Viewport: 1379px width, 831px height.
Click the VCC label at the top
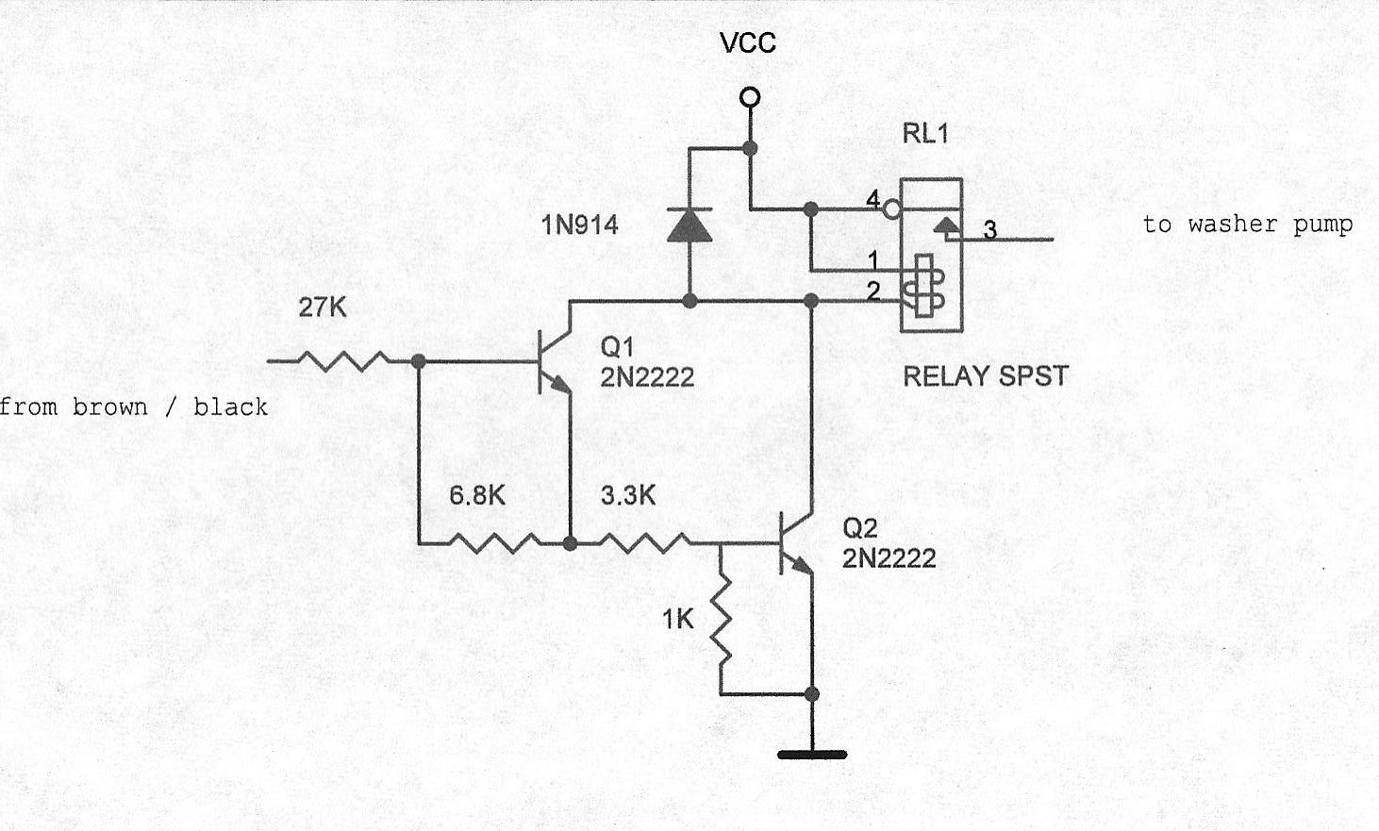(x=747, y=42)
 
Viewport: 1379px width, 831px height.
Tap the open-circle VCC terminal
(x=750, y=97)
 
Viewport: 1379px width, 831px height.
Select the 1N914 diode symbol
(x=689, y=224)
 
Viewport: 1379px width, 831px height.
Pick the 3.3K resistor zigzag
(x=644, y=542)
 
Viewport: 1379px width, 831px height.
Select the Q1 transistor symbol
(x=551, y=362)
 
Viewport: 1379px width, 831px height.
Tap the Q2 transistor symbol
(x=794, y=544)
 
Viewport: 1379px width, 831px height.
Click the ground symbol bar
(x=812, y=754)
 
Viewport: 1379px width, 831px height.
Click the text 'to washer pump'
(x=1247, y=224)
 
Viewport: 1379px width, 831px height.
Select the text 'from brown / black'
(x=134, y=407)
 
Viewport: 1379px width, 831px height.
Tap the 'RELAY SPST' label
(x=986, y=376)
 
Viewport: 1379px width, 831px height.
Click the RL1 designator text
(x=924, y=134)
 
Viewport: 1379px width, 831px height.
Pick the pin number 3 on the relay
(x=989, y=229)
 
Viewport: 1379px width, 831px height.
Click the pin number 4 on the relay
(x=872, y=200)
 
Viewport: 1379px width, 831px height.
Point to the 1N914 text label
(x=579, y=224)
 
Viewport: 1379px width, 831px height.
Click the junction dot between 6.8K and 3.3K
(x=570, y=542)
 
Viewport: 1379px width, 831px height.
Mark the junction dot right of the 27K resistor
(x=419, y=360)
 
